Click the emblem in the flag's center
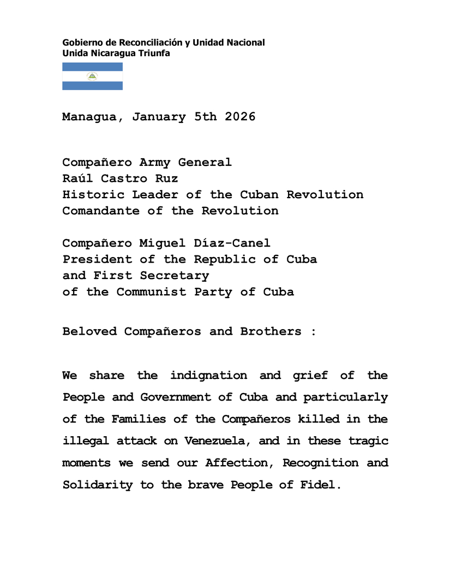92,76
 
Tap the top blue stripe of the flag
92,67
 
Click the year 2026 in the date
240,117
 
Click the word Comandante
101,211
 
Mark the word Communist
151,292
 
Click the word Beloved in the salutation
89,332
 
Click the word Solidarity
97,485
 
